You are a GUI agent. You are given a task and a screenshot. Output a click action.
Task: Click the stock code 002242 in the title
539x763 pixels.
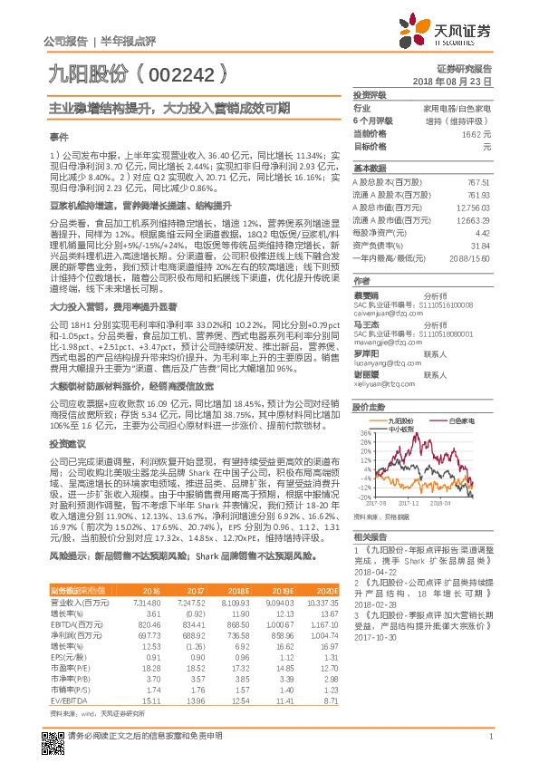pyautogui.click(x=182, y=71)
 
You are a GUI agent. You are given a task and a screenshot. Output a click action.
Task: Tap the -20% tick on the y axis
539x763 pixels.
pyautogui.click(x=364, y=497)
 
